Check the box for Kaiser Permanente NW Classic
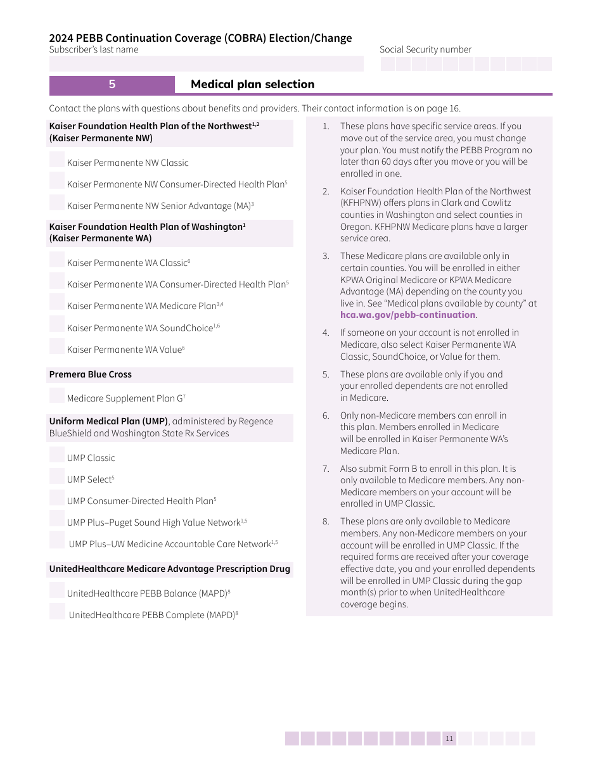click(x=57, y=160)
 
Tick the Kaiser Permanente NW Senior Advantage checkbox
click(x=57, y=203)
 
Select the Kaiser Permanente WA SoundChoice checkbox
click(x=57, y=324)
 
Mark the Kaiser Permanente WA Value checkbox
click(x=57, y=346)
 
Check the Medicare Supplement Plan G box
click(x=57, y=395)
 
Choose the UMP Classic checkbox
click(x=57, y=455)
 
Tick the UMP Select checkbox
click(x=57, y=476)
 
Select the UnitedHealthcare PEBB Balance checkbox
click(x=57, y=590)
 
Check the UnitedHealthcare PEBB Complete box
click(x=57, y=612)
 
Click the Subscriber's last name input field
click(x=206, y=63)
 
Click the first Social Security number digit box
click(x=388, y=64)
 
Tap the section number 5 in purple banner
click(x=112, y=84)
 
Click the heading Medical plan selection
click(x=252, y=84)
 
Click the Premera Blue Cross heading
click(x=91, y=374)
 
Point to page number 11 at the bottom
click(x=449, y=738)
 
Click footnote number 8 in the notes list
click(x=326, y=521)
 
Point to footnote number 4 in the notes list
click(x=326, y=332)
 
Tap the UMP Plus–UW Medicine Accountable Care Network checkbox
click(x=57, y=541)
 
